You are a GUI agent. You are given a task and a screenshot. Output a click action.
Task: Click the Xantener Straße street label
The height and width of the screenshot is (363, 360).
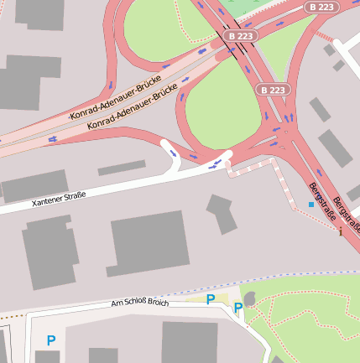[x=59, y=200]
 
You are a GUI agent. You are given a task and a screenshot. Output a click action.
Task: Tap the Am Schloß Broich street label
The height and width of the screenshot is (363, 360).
[x=139, y=303]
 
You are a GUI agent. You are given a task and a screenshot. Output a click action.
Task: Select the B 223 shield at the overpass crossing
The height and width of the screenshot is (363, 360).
[x=241, y=36]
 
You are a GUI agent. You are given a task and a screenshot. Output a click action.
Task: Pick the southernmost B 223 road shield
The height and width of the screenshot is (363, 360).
[x=274, y=90]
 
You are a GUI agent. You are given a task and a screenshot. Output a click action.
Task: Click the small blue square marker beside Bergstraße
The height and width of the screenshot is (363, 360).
[x=311, y=204]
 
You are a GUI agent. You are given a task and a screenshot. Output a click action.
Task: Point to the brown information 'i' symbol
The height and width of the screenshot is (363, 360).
[x=340, y=232]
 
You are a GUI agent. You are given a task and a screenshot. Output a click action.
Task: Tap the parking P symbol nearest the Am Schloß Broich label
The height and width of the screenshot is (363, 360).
[x=211, y=298]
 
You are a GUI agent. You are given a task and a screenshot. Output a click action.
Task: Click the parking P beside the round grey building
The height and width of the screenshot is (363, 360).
[x=237, y=309]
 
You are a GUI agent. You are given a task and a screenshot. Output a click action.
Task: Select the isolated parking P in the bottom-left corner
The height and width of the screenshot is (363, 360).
[x=51, y=340]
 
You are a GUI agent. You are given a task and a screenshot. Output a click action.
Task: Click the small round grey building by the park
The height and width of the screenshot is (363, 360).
[x=249, y=298]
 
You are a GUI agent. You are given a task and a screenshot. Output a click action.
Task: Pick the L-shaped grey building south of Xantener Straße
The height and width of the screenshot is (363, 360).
[x=222, y=213]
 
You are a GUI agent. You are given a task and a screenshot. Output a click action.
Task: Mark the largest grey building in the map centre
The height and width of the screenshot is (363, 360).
[x=149, y=243]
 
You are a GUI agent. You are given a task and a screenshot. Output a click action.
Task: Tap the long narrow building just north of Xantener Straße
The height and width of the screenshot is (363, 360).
[x=122, y=169]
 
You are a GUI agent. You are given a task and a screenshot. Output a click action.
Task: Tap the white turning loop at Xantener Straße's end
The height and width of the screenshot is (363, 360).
[x=171, y=153]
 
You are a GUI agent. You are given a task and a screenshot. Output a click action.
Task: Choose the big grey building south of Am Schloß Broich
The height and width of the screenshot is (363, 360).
[x=190, y=342]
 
